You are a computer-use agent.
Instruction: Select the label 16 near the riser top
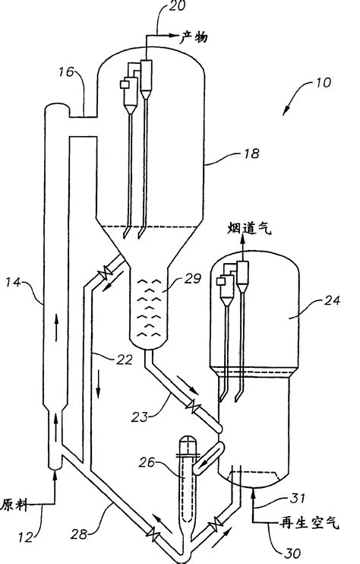click(x=65, y=73)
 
